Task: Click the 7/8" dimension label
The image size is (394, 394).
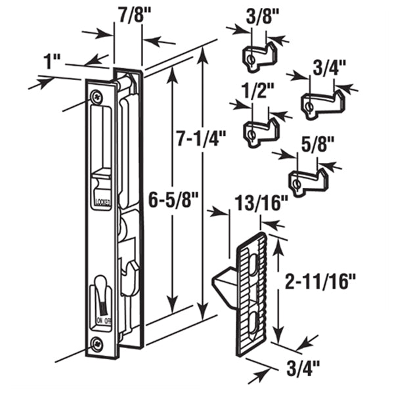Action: click(129, 14)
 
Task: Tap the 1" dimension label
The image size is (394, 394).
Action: click(51, 64)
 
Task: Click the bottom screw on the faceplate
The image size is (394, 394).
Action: click(98, 342)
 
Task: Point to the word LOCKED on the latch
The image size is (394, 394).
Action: click(104, 202)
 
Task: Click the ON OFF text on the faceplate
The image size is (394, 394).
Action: click(104, 320)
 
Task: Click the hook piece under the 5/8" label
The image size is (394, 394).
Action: click(305, 180)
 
